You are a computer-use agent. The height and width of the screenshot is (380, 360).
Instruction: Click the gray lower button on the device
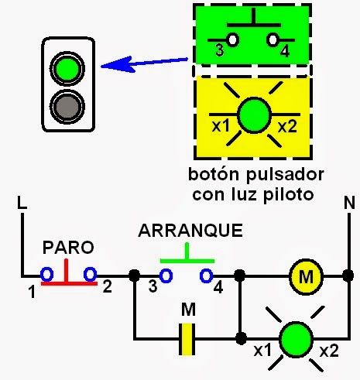(x=66, y=104)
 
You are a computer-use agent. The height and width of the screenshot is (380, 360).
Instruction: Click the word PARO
(x=68, y=248)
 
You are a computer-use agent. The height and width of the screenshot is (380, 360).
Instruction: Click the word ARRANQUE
(x=190, y=231)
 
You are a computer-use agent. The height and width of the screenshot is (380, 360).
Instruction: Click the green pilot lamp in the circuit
(x=293, y=338)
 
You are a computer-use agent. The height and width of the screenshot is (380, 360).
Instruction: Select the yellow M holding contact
(x=187, y=338)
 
